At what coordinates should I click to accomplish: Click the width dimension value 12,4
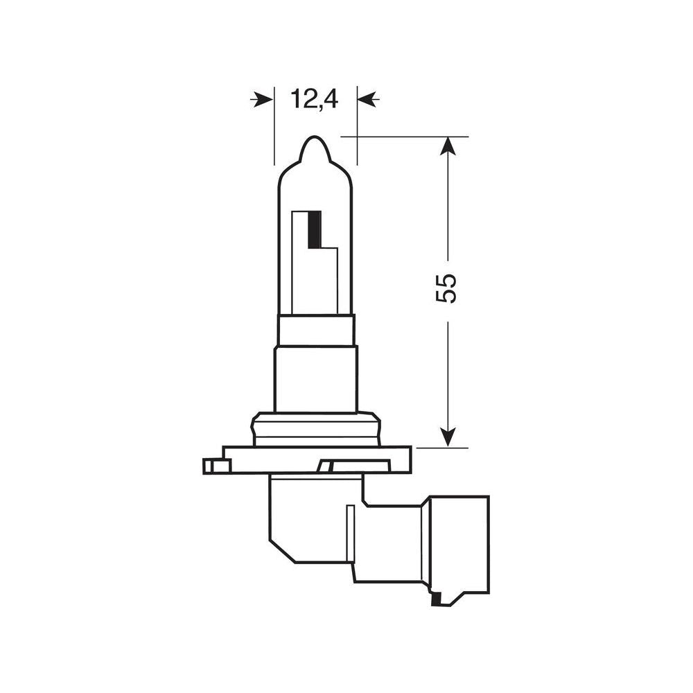pos(314,100)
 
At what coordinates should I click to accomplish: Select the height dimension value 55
pos(447,287)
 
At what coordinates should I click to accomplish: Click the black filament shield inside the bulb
pos(315,230)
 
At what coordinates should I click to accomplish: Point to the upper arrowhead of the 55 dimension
pos(448,146)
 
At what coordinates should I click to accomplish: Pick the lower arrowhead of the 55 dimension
pos(448,437)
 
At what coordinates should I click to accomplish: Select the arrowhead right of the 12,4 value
pos(367,100)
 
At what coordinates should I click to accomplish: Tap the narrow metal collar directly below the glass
pos(316,331)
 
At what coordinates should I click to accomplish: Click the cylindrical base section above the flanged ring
pos(316,379)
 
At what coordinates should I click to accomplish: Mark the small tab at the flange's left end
pos(216,466)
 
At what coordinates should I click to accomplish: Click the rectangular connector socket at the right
pos(459,544)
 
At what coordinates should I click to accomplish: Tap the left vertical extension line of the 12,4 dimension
pos(274,132)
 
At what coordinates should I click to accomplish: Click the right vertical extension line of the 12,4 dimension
pos(357,132)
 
